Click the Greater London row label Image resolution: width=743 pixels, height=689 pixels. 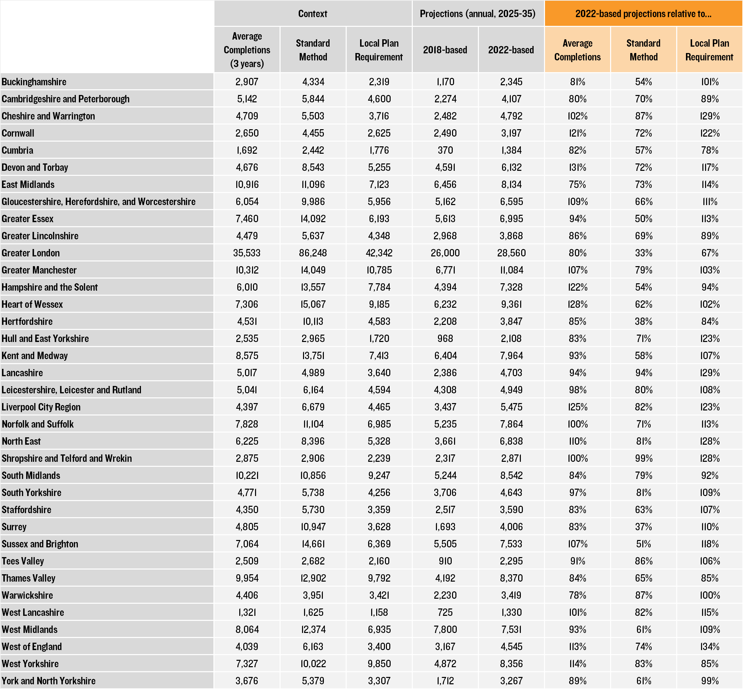31,253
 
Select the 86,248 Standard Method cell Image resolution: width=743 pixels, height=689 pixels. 313,253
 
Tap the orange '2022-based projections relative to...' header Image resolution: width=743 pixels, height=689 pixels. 643,14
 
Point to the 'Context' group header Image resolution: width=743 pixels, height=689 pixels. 312,14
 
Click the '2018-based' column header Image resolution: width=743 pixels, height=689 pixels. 445,50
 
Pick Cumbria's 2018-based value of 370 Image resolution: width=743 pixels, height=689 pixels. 445,150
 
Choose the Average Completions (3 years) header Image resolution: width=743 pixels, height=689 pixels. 247,50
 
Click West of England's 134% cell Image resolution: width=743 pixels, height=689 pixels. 709,646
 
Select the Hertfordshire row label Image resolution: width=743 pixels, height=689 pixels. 27,322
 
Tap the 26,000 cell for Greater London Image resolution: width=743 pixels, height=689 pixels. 445,253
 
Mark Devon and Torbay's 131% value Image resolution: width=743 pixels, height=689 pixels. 577,167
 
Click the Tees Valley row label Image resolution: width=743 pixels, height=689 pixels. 23,561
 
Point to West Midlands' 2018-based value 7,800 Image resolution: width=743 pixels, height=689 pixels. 445,629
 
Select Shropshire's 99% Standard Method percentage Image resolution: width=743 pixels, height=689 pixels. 643,458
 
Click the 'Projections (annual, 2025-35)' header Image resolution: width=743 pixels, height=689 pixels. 478,14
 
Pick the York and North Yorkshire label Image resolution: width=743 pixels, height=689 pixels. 48,681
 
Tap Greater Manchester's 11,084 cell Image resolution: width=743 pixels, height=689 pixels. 511,270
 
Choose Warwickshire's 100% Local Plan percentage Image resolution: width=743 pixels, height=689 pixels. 709,595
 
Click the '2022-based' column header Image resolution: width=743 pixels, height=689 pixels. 511,50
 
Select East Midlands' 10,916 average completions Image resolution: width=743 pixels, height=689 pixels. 247,185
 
